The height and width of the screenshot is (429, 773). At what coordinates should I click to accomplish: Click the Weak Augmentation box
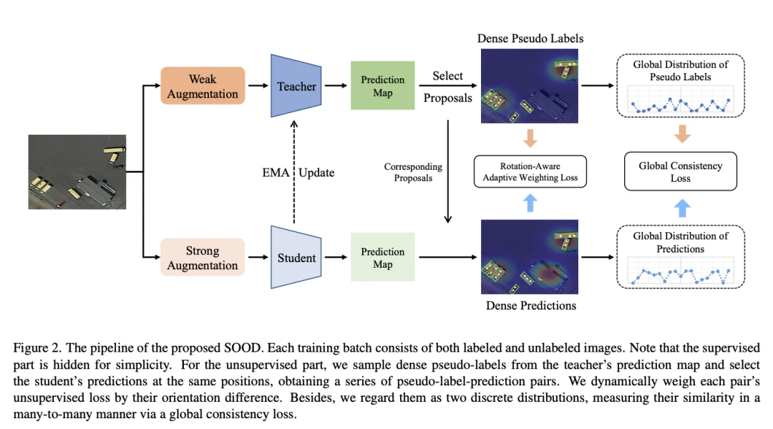(x=203, y=86)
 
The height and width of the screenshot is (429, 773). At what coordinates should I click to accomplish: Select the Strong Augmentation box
(x=203, y=258)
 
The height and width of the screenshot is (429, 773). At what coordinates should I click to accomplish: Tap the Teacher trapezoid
(x=296, y=86)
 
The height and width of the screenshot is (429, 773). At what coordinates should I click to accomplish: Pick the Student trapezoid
(x=296, y=258)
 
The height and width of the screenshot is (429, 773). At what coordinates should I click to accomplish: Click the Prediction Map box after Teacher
(x=382, y=86)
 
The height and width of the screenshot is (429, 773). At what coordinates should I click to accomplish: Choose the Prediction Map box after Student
(x=382, y=258)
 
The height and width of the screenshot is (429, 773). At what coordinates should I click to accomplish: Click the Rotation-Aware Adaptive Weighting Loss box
(x=530, y=172)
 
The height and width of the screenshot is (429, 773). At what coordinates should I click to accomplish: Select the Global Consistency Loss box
(x=680, y=171)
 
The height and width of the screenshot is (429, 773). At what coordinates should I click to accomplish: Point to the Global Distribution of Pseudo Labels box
(x=680, y=86)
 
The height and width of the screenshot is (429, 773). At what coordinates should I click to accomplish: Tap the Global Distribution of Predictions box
(x=680, y=257)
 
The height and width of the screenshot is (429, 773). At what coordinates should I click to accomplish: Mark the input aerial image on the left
(x=77, y=172)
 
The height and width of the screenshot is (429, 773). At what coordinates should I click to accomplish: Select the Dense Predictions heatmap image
(x=530, y=258)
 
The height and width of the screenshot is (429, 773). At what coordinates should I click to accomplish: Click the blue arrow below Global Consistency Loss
(x=682, y=208)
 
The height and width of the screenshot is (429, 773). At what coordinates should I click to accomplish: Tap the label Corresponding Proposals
(x=413, y=172)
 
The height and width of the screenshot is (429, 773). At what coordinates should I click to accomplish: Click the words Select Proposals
(x=447, y=86)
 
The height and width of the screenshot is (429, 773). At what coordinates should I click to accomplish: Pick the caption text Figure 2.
(x=35, y=347)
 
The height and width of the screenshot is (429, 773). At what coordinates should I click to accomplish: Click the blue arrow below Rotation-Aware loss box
(x=530, y=204)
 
